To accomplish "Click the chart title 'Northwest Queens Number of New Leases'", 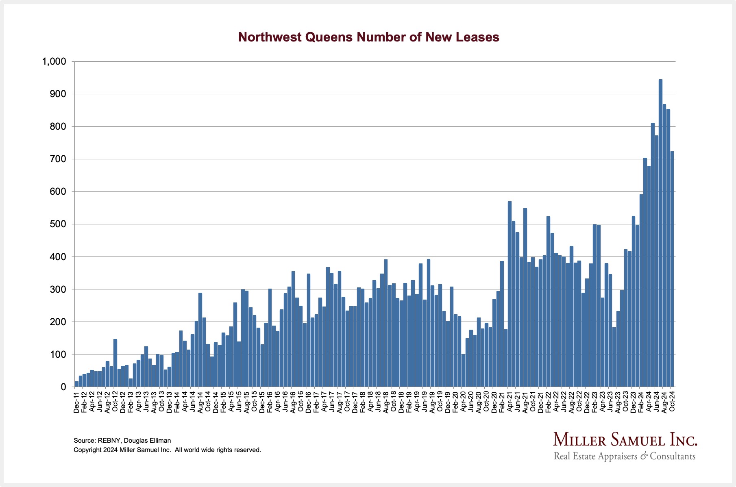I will [x=368, y=37].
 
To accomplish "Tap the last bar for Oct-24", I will [x=672, y=269].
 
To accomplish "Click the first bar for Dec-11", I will [x=76, y=384].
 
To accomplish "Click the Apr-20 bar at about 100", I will [x=463, y=370].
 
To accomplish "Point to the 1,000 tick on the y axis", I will [x=54, y=62].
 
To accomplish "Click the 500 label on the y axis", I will [x=57, y=224].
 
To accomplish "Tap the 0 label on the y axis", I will [x=63, y=387].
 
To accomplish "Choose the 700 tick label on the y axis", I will [x=57, y=159].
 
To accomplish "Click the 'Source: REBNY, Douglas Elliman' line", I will [x=122, y=441].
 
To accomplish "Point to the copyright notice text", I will [x=167, y=450].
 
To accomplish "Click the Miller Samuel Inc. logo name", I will [x=625, y=440].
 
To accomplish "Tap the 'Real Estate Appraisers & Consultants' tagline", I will [x=625, y=456].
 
